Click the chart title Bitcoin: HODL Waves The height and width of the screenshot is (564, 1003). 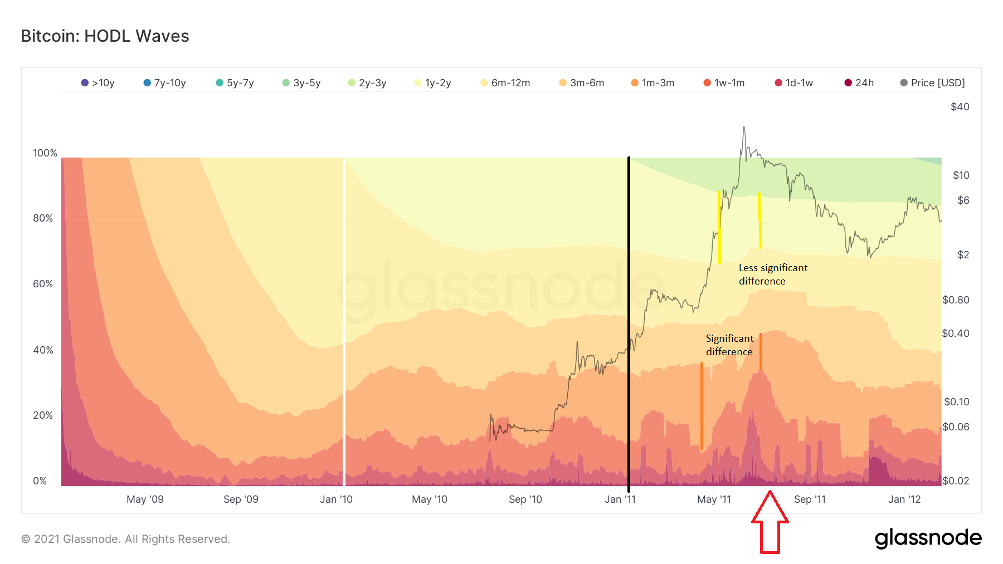[x=105, y=36]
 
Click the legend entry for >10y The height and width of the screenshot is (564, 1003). [x=98, y=83]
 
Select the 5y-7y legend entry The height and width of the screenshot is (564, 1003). [x=235, y=83]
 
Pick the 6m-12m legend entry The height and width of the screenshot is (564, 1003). [x=505, y=83]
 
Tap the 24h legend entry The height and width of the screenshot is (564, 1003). [x=859, y=83]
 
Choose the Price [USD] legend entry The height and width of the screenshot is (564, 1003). [x=933, y=83]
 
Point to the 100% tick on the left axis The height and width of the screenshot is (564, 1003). [x=45, y=153]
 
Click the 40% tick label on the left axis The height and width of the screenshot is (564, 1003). [x=43, y=350]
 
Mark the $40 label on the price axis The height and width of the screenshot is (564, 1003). [x=960, y=107]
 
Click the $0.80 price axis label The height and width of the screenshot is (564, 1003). [x=956, y=300]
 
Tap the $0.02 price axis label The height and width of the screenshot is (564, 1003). [x=956, y=481]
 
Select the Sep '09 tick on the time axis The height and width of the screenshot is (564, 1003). [x=241, y=499]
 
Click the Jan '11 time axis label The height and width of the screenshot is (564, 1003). [x=620, y=499]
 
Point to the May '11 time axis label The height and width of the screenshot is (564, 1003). [x=714, y=499]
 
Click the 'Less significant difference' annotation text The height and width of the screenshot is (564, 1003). [x=773, y=274]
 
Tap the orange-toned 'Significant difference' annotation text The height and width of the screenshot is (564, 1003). [x=729, y=345]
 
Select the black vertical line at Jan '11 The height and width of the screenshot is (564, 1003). [x=629, y=323]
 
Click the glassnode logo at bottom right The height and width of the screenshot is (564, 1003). [x=928, y=538]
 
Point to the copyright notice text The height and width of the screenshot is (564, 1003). [x=125, y=539]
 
